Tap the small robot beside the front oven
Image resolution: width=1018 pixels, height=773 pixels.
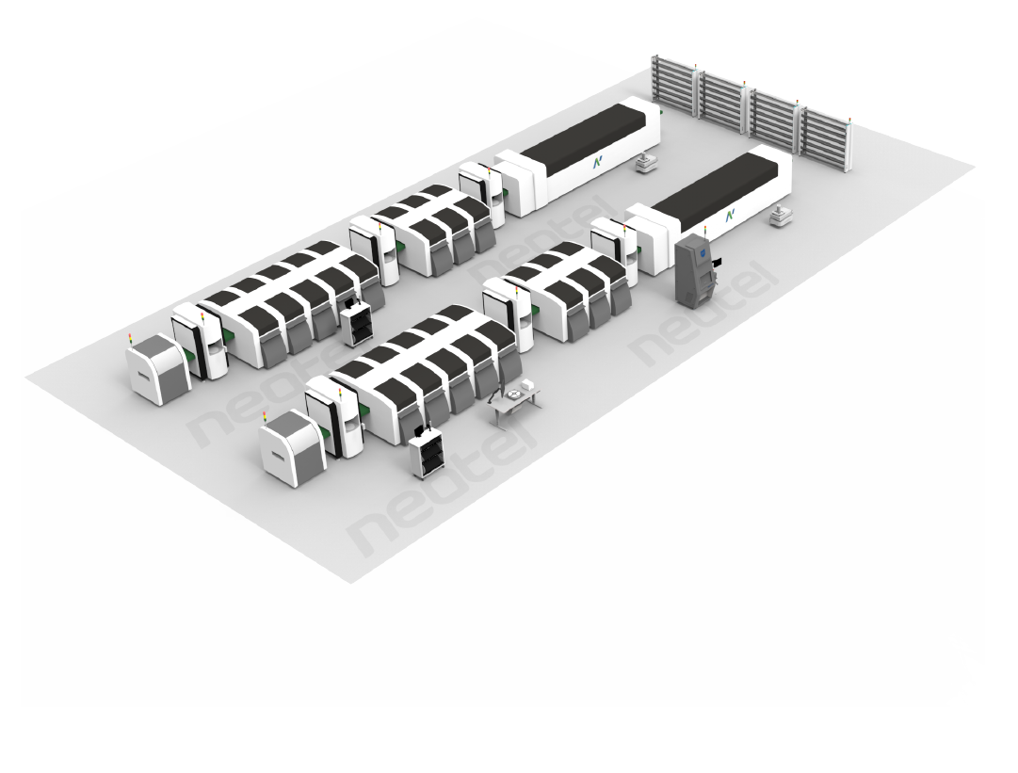[779, 218]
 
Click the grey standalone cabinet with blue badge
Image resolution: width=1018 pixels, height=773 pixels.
[694, 270]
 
